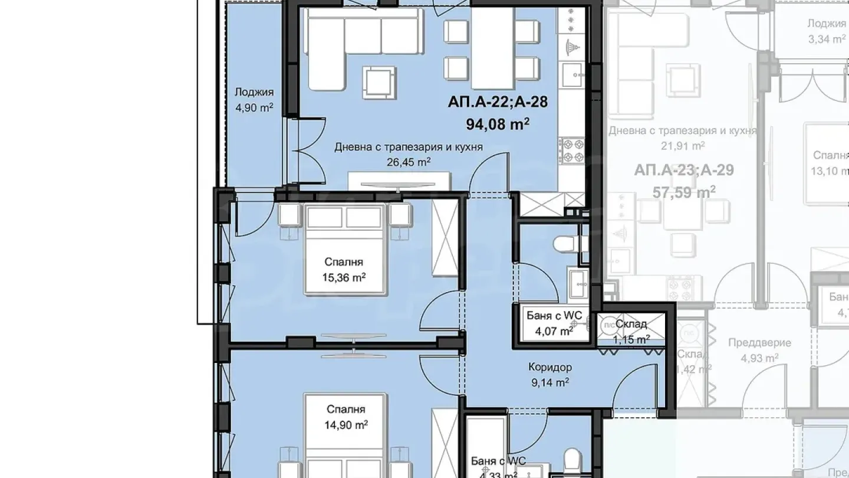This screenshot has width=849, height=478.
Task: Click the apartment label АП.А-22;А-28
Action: [498, 102]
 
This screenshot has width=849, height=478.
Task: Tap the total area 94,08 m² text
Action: [498, 124]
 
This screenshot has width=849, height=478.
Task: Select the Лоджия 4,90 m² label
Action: [254, 100]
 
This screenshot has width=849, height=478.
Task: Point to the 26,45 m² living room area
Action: [408, 161]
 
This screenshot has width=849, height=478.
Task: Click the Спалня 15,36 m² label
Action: [344, 269]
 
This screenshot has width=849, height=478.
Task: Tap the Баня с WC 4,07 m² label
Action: [554, 323]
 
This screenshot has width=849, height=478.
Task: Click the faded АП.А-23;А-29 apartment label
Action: [684, 171]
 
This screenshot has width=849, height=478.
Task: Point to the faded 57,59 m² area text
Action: [684, 192]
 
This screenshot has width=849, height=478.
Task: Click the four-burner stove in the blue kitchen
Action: [571, 150]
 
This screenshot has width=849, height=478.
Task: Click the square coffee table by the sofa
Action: [379, 81]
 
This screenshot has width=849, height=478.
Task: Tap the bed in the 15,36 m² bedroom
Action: [345, 248]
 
